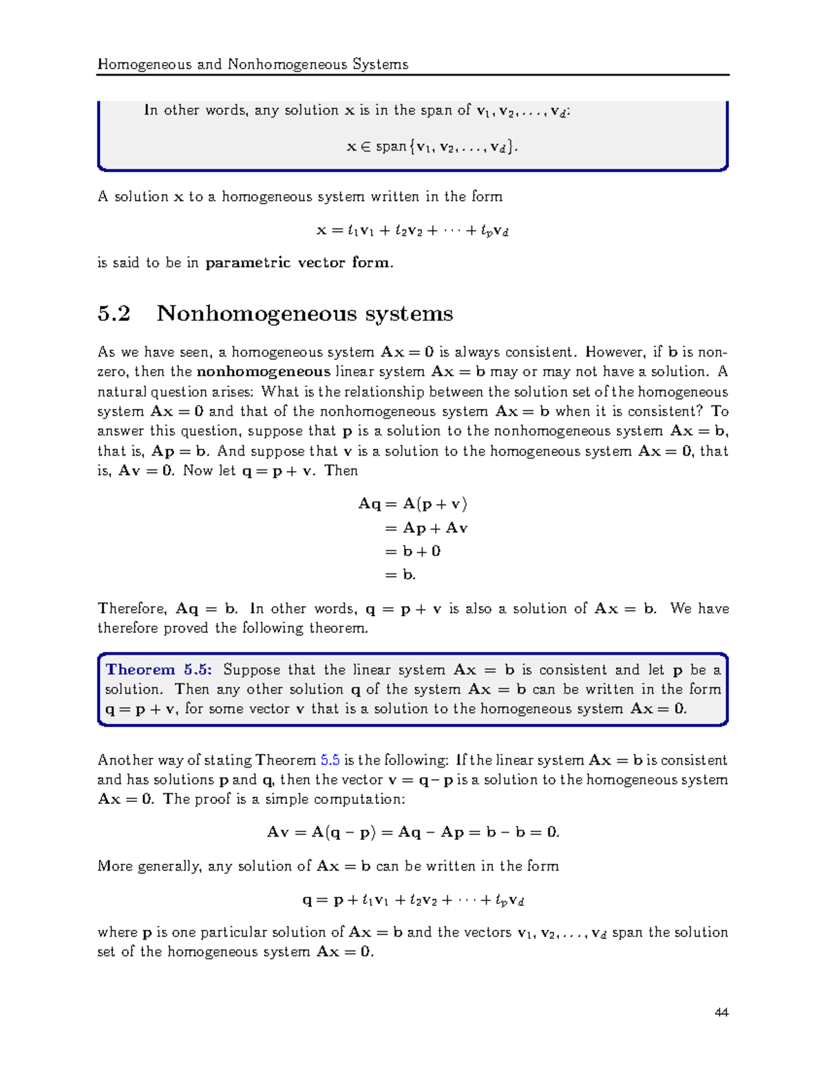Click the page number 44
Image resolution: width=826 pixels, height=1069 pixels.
[x=721, y=1012]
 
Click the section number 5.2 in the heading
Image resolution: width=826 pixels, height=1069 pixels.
[x=114, y=314]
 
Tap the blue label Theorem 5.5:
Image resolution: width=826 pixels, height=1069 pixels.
[x=159, y=670]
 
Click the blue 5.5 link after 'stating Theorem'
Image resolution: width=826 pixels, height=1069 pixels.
[x=330, y=760]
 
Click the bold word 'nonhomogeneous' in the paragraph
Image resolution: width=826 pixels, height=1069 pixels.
[x=264, y=372]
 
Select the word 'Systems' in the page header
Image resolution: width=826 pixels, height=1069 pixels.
[x=380, y=64]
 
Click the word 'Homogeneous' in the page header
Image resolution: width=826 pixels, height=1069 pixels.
[x=145, y=64]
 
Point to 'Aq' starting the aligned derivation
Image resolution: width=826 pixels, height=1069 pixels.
[x=369, y=504]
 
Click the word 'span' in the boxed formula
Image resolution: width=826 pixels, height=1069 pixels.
[x=391, y=147]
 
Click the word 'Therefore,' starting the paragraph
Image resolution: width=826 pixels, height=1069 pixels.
[x=132, y=608]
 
